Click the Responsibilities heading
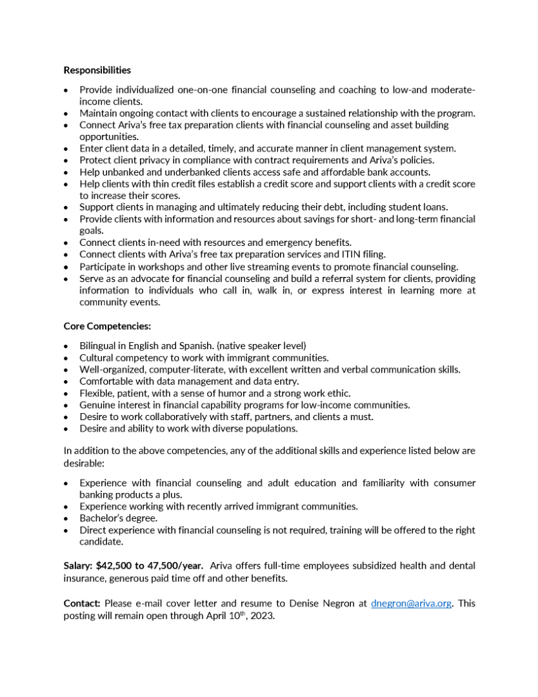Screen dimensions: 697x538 pos(97,70)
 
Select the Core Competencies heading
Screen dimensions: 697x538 pos(107,326)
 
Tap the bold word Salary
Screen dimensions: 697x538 pos(77,565)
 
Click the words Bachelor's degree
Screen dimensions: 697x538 pos(116,518)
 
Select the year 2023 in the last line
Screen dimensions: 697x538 pos(263,614)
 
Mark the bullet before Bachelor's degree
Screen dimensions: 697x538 pos(66,518)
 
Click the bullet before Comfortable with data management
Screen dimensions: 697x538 pos(66,381)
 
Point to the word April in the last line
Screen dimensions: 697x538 pos(214,614)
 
